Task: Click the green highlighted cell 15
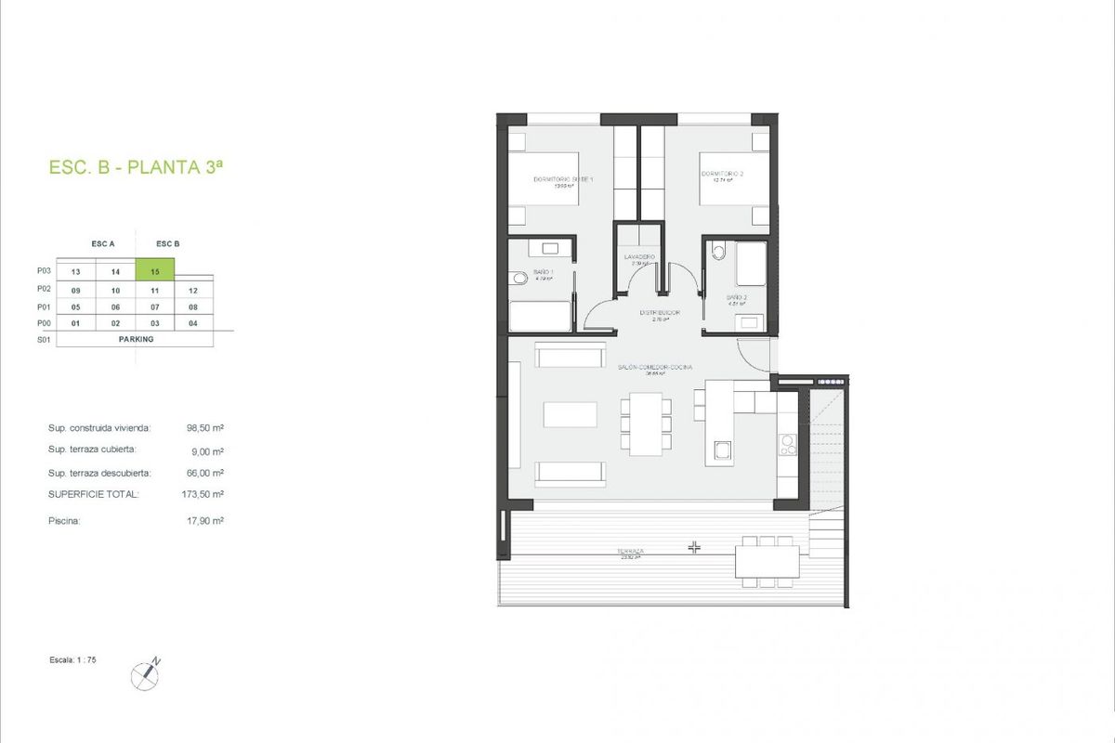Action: click(x=155, y=271)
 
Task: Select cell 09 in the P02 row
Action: click(x=76, y=290)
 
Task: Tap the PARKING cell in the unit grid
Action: click(x=136, y=339)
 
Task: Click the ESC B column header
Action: click(x=168, y=244)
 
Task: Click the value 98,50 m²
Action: click(x=205, y=428)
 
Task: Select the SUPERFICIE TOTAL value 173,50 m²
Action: click(x=205, y=494)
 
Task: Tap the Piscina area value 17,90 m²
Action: click(x=205, y=521)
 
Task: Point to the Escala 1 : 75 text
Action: click(x=72, y=658)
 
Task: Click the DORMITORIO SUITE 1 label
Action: click(x=563, y=180)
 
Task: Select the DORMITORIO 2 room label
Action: click(x=722, y=175)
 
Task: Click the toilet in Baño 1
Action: click(x=517, y=277)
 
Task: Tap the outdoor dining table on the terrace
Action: click(x=767, y=560)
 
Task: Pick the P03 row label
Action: click(x=43, y=271)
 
